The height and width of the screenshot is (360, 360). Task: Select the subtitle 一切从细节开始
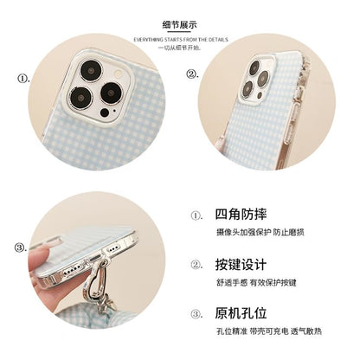click(179, 48)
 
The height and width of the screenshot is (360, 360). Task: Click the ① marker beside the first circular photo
click(22, 75)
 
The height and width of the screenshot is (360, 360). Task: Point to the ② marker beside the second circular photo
click(192, 75)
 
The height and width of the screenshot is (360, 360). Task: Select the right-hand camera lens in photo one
click(112, 93)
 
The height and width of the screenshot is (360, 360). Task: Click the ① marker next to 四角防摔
click(197, 216)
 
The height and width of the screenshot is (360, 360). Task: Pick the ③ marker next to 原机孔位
click(197, 314)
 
